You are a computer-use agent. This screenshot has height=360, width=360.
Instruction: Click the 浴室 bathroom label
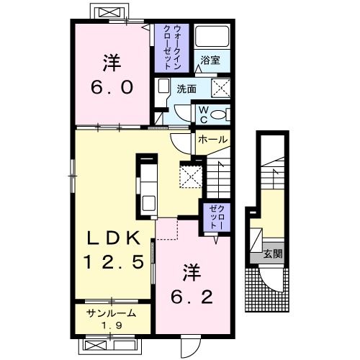point(210,60)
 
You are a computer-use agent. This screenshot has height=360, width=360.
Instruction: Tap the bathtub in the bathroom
point(212,36)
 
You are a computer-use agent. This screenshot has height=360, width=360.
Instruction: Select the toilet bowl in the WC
point(218,114)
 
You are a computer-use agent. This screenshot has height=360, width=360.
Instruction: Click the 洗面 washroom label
point(186,89)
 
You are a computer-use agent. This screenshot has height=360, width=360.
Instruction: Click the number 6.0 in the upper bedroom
point(112,87)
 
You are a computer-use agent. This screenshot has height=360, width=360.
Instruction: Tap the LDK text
point(114,238)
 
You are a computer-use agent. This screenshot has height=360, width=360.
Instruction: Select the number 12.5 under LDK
point(114,261)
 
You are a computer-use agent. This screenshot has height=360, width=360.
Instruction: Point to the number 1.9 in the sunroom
point(112,325)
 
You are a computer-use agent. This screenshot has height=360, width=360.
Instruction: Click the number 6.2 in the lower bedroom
point(192,297)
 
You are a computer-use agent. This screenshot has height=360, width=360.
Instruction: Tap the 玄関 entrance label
point(273,253)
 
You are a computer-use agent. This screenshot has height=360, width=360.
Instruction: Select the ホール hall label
point(212,140)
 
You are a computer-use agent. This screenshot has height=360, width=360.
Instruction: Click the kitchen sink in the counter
point(149,203)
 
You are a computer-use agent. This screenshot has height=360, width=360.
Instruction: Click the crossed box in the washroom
point(220,88)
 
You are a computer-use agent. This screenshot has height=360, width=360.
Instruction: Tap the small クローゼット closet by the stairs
point(217,217)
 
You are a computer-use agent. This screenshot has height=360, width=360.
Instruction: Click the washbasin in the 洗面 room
point(163,87)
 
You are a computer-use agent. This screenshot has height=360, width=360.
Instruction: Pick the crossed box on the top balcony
point(109,12)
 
